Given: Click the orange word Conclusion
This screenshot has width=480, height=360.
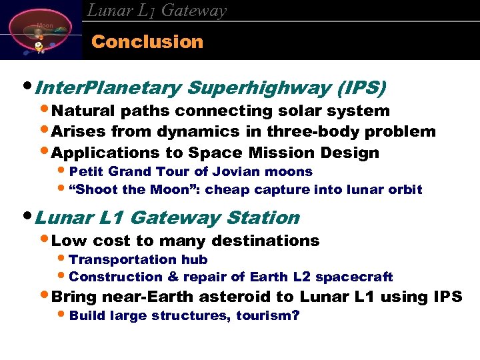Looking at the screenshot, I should [147, 41].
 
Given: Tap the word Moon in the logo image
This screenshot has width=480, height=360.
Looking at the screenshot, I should [45, 25].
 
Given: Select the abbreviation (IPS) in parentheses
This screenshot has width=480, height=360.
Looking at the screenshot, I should [362, 87].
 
